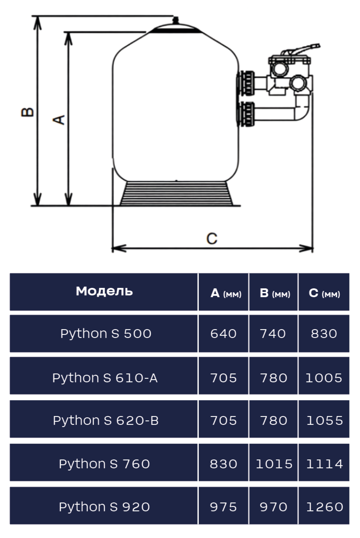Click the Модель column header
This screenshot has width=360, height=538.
104,291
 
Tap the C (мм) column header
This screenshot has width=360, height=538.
324,293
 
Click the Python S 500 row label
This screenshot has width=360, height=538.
105,334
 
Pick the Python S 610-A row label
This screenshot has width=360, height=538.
105,377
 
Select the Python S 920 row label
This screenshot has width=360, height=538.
104,507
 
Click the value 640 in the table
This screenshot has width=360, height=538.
223,334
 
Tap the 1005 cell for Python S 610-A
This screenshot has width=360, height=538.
324,377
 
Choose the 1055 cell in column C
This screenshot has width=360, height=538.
324,420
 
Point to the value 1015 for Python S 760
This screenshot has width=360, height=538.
274,464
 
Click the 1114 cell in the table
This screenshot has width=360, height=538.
324,464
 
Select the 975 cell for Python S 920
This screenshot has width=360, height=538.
223,507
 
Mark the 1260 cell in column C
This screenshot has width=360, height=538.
324,507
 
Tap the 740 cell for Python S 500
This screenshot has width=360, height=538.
273,334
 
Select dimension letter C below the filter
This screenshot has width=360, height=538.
212,238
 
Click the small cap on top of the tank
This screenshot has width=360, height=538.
176,20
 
